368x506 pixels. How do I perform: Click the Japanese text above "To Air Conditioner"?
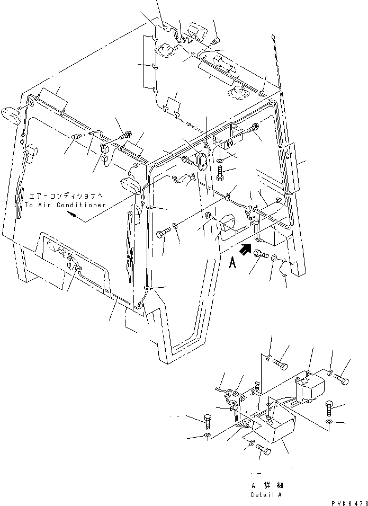[67, 196]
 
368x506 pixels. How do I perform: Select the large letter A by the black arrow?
[231, 263]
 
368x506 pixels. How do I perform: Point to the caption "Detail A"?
[267, 495]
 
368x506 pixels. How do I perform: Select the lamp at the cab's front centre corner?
[129, 185]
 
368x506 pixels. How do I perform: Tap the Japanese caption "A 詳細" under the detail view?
[266, 485]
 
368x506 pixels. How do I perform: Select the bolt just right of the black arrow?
[261, 255]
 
